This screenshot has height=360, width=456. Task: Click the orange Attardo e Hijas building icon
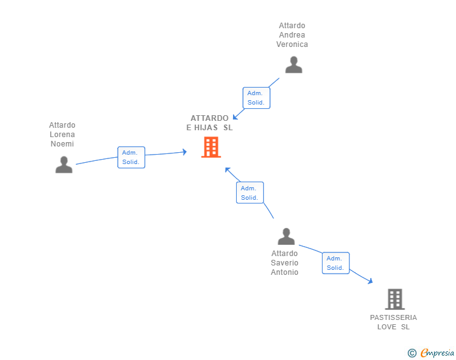tap(211, 148)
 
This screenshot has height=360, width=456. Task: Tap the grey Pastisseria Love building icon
tap(394, 299)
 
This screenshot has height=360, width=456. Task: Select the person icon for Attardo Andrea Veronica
tap(293, 64)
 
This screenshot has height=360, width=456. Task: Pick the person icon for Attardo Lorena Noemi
tap(64, 165)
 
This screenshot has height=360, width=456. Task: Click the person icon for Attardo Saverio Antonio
tap(286, 237)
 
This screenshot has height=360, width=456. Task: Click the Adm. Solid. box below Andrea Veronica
tap(256, 98)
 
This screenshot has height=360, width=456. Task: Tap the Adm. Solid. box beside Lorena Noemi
tap(131, 157)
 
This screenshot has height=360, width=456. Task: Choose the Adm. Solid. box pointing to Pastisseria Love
tap(335, 263)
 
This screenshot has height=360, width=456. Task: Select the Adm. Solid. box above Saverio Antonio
tap(249, 192)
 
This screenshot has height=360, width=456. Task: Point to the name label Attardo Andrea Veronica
tap(292, 35)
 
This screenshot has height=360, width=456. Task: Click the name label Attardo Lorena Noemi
tap(62, 135)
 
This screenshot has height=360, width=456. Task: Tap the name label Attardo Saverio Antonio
tap(284, 263)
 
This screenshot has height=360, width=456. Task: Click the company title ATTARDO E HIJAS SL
tap(209, 123)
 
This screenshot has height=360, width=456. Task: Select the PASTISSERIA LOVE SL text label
tap(393, 322)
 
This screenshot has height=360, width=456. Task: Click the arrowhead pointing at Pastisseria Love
tap(370, 282)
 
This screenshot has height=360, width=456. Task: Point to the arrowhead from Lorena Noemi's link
tap(184, 152)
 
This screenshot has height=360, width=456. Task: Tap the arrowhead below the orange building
tap(227, 170)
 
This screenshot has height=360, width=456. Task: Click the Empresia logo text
tap(437, 353)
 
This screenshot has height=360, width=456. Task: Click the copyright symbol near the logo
tap(412, 353)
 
